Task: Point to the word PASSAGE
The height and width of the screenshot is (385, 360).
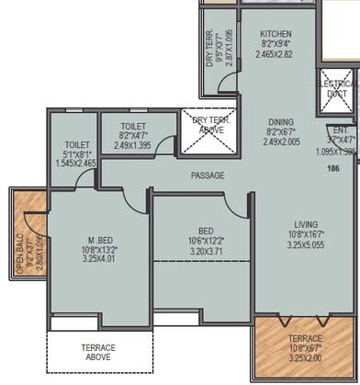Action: [208, 175]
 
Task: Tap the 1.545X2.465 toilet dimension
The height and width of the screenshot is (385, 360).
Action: [72, 162]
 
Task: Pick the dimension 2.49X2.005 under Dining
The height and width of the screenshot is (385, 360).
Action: [280, 142]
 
